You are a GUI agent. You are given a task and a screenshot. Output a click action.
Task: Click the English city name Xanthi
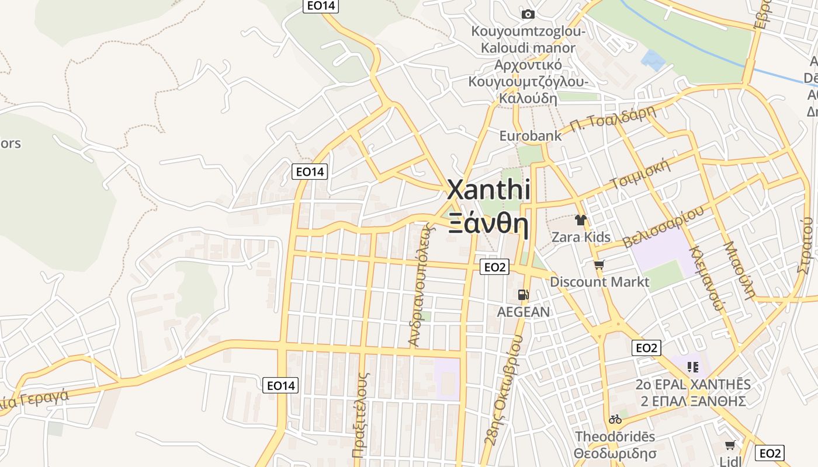click(x=488, y=190)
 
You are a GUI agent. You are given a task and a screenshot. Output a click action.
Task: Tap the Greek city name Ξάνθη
click(x=488, y=224)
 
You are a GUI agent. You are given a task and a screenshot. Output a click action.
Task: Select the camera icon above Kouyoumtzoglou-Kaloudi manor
click(x=528, y=14)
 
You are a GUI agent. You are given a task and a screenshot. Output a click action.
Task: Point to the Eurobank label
click(x=530, y=136)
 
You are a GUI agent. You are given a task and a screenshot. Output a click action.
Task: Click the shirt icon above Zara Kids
click(x=581, y=220)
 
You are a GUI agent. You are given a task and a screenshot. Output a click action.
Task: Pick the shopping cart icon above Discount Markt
click(x=599, y=266)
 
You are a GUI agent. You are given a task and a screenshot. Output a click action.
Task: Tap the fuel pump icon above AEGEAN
click(x=523, y=295)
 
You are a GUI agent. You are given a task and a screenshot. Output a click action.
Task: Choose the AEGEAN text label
click(x=524, y=312)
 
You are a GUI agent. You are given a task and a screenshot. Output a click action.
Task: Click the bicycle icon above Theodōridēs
click(x=615, y=419)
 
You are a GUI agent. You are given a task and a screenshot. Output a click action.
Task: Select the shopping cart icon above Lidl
click(x=730, y=445)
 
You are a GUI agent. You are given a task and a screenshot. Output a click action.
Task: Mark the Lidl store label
click(x=730, y=461)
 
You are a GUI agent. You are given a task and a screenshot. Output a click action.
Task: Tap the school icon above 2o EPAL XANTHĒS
click(x=693, y=367)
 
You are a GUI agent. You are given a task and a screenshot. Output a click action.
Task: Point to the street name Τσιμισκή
click(x=640, y=174)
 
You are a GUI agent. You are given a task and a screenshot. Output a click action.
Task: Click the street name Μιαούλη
click(x=740, y=270)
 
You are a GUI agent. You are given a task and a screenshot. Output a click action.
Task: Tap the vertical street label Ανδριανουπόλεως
click(x=422, y=284)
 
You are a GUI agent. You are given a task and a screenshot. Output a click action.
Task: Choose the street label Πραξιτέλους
click(x=360, y=414)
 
